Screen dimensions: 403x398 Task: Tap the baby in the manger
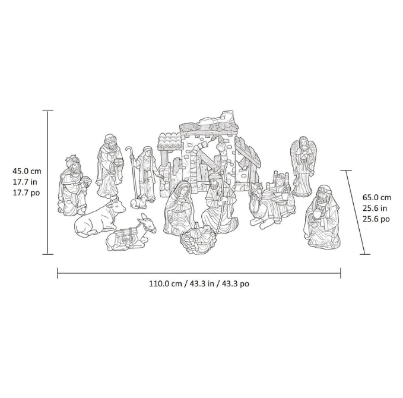[198, 237]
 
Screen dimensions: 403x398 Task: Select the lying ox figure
[100, 217]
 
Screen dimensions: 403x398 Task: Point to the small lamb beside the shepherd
[139, 201]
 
